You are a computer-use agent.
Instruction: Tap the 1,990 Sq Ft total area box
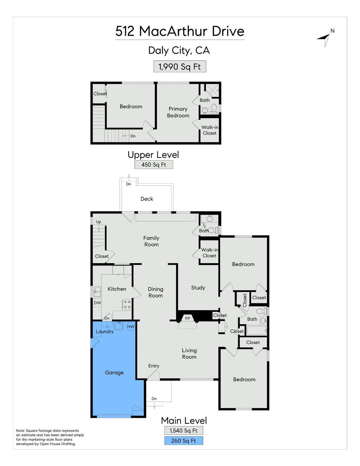pos(180,67)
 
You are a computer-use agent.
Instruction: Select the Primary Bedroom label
pos(178,112)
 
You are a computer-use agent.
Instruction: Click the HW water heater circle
pos(131,326)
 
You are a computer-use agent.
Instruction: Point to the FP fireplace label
pos(188,318)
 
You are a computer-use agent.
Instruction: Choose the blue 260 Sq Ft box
pos(184,441)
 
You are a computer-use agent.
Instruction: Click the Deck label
pos(147,199)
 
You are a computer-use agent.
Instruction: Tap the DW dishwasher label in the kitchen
pos(98,303)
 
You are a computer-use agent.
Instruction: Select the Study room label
pos(198,288)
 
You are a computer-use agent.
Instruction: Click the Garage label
pos(114,372)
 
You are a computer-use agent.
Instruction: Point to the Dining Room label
pos(155,292)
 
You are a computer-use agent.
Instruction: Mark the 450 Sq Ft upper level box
pos(154,165)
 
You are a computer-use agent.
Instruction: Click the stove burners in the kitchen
pos(127,304)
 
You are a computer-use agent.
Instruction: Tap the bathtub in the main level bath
pos(256,330)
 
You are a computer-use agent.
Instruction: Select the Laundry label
pos(105,331)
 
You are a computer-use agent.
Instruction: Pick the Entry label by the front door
pos(154,366)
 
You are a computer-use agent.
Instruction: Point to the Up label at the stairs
pos(98,222)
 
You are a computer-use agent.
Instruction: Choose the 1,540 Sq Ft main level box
pos(184,431)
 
